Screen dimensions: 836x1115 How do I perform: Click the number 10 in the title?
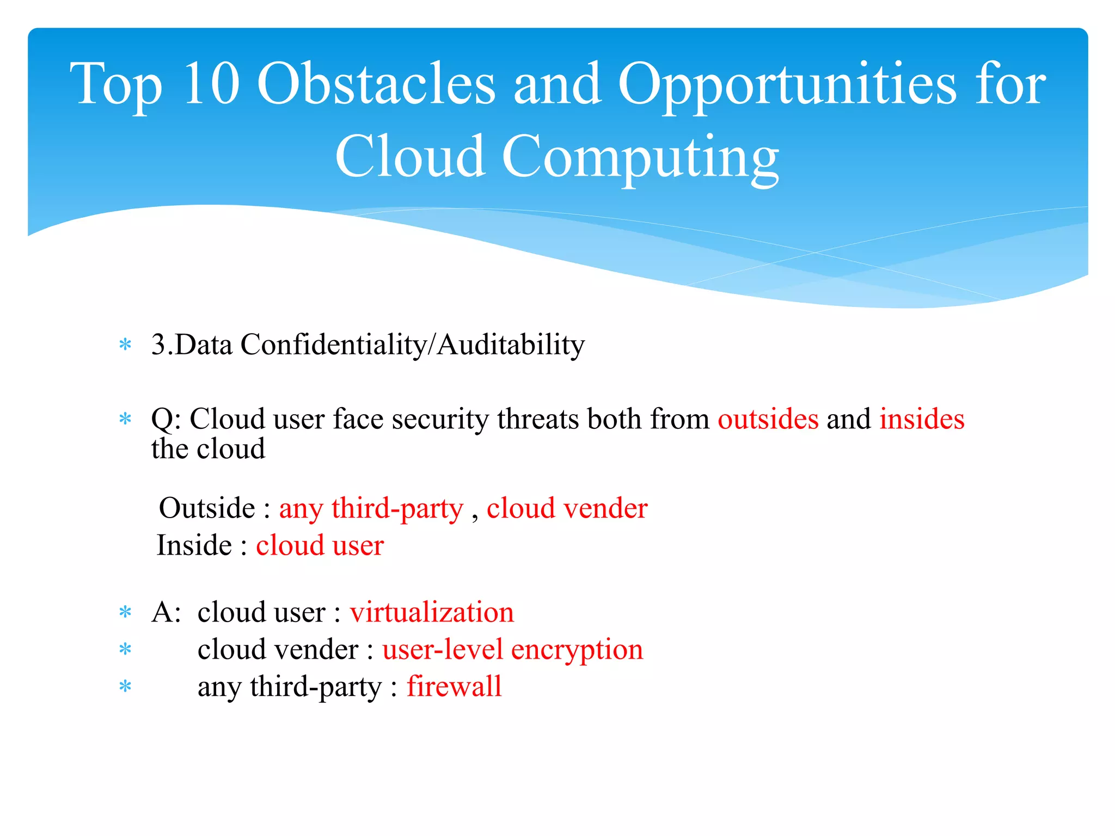(211, 84)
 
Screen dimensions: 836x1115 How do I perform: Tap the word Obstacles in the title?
(376, 84)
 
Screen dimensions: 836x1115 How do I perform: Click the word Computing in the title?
(640, 158)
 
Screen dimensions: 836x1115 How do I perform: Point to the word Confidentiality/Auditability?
(412, 345)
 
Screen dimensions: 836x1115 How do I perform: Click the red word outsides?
(768, 419)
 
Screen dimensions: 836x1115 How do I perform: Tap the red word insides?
(922, 419)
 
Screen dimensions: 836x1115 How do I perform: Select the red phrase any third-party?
(371, 509)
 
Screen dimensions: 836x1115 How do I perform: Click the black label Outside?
(206, 508)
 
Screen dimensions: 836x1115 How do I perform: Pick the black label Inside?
(194, 545)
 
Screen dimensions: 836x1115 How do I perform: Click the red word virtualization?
(432, 612)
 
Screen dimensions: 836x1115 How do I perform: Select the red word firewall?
(454, 686)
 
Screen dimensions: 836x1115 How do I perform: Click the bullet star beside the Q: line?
(125, 419)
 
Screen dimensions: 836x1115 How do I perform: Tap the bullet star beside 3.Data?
(125, 345)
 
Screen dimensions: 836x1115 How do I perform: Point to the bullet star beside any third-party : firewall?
(125, 687)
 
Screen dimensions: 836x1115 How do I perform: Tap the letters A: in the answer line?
(166, 612)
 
